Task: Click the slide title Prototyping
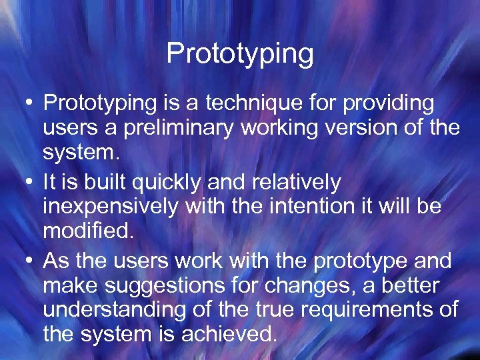(x=240, y=53)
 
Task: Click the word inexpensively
(x=111, y=207)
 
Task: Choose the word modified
(x=87, y=231)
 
